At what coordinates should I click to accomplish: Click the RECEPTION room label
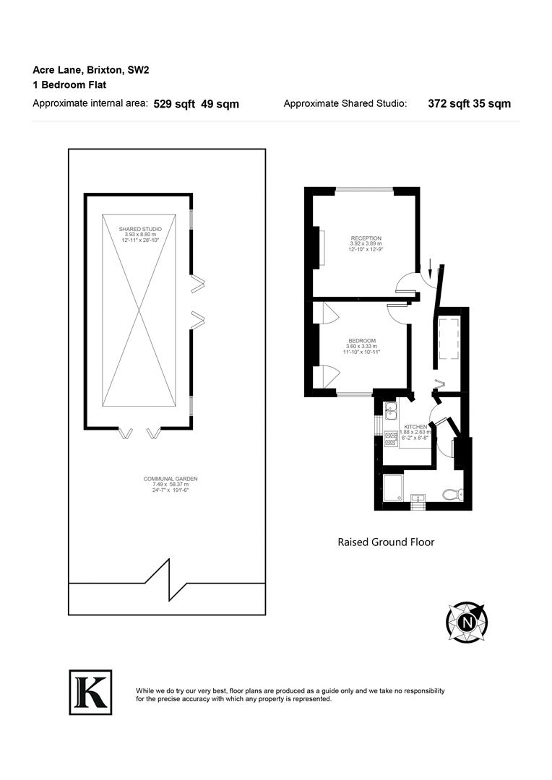(366, 238)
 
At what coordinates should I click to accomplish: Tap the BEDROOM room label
(362, 340)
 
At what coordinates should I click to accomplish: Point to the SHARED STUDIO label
(140, 229)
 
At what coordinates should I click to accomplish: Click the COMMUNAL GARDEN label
(171, 479)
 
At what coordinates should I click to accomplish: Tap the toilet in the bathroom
(452, 495)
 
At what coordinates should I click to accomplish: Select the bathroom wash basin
(418, 497)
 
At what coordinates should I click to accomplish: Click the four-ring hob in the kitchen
(391, 440)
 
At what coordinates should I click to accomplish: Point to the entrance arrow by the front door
(431, 268)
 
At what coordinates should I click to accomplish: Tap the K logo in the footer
(90, 692)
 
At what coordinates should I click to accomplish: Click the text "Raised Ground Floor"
(386, 542)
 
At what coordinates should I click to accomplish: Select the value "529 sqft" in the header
(174, 104)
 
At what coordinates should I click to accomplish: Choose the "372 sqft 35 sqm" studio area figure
(469, 104)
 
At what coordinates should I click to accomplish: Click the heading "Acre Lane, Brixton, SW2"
(91, 70)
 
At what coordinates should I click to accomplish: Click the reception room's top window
(364, 190)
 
